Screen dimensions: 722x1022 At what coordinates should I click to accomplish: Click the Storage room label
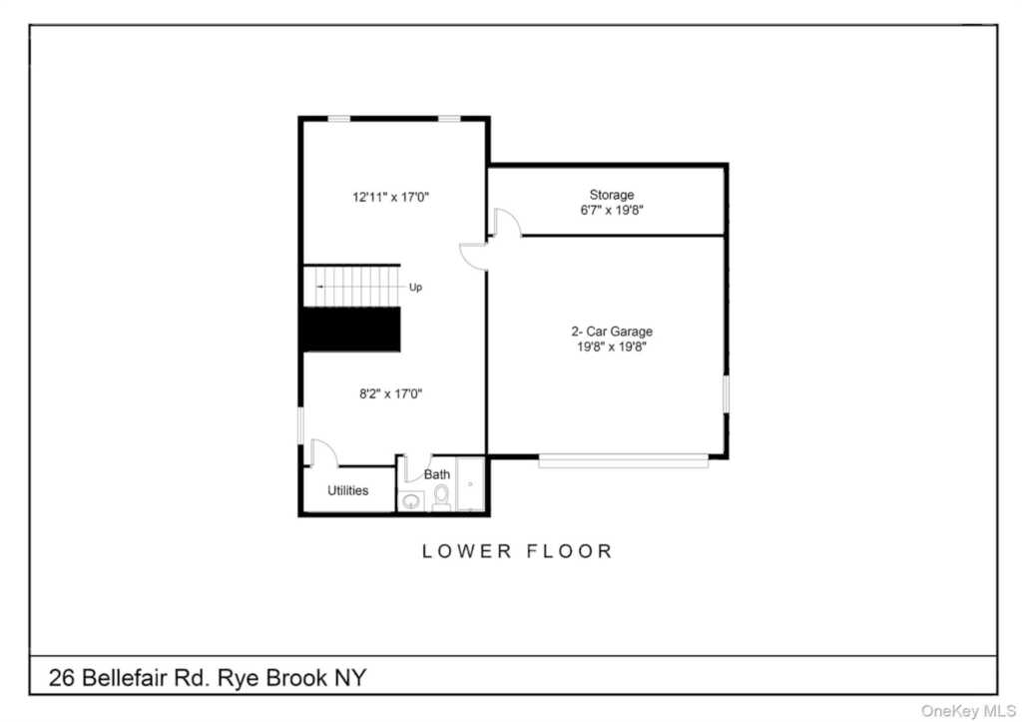pyautogui.click(x=611, y=195)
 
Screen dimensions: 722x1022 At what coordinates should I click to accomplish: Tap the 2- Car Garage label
pyautogui.click(x=611, y=332)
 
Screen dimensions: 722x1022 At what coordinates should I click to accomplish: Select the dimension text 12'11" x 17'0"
pyautogui.click(x=390, y=198)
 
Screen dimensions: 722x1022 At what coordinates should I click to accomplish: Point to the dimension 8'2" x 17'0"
pyautogui.click(x=390, y=393)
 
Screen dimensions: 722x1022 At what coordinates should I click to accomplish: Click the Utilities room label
pyautogui.click(x=347, y=490)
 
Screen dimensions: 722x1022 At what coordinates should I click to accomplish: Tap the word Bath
pyautogui.click(x=437, y=474)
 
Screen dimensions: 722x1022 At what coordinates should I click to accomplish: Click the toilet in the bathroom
pyautogui.click(x=441, y=495)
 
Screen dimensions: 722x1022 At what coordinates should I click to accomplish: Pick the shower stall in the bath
pyautogui.click(x=471, y=485)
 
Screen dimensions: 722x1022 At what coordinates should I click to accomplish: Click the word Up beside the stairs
pyautogui.click(x=416, y=287)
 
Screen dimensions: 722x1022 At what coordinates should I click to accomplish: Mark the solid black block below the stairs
pyautogui.click(x=351, y=329)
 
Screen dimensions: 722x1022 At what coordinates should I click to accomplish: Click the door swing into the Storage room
pyautogui.click(x=507, y=223)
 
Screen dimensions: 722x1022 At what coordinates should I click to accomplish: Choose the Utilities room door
pyautogui.click(x=322, y=453)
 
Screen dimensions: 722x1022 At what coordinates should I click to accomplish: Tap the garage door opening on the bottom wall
pyautogui.click(x=623, y=460)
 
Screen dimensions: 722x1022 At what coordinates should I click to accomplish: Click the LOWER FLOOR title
pyautogui.click(x=517, y=550)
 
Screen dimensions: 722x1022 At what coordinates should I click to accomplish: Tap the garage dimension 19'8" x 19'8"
pyautogui.click(x=611, y=348)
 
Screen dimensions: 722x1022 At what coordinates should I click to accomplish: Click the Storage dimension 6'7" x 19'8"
pyautogui.click(x=611, y=211)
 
